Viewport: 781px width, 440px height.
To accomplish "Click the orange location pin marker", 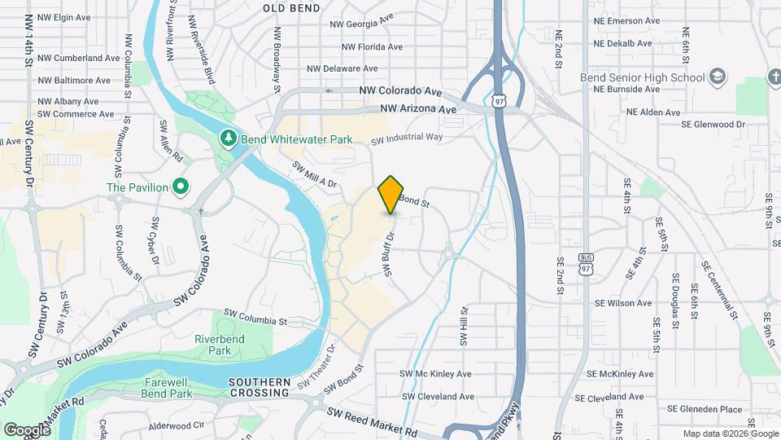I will point(391,194).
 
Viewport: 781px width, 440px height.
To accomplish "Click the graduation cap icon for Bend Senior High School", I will point(718,77).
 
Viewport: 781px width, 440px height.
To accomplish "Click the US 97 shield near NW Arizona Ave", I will point(499,100).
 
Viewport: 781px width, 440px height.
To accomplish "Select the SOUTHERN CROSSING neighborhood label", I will point(260,387).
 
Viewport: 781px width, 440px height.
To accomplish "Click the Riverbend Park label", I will point(212,345).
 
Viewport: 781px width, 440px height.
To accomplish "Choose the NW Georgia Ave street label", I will point(362,24).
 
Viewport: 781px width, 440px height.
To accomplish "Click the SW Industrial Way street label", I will point(407,138).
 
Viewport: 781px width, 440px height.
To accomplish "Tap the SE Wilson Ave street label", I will point(623,303).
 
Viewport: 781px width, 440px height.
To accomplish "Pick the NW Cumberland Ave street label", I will point(79,58).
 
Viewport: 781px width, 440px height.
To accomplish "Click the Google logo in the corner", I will point(27,429).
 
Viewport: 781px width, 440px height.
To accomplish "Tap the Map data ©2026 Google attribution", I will point(729,433).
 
